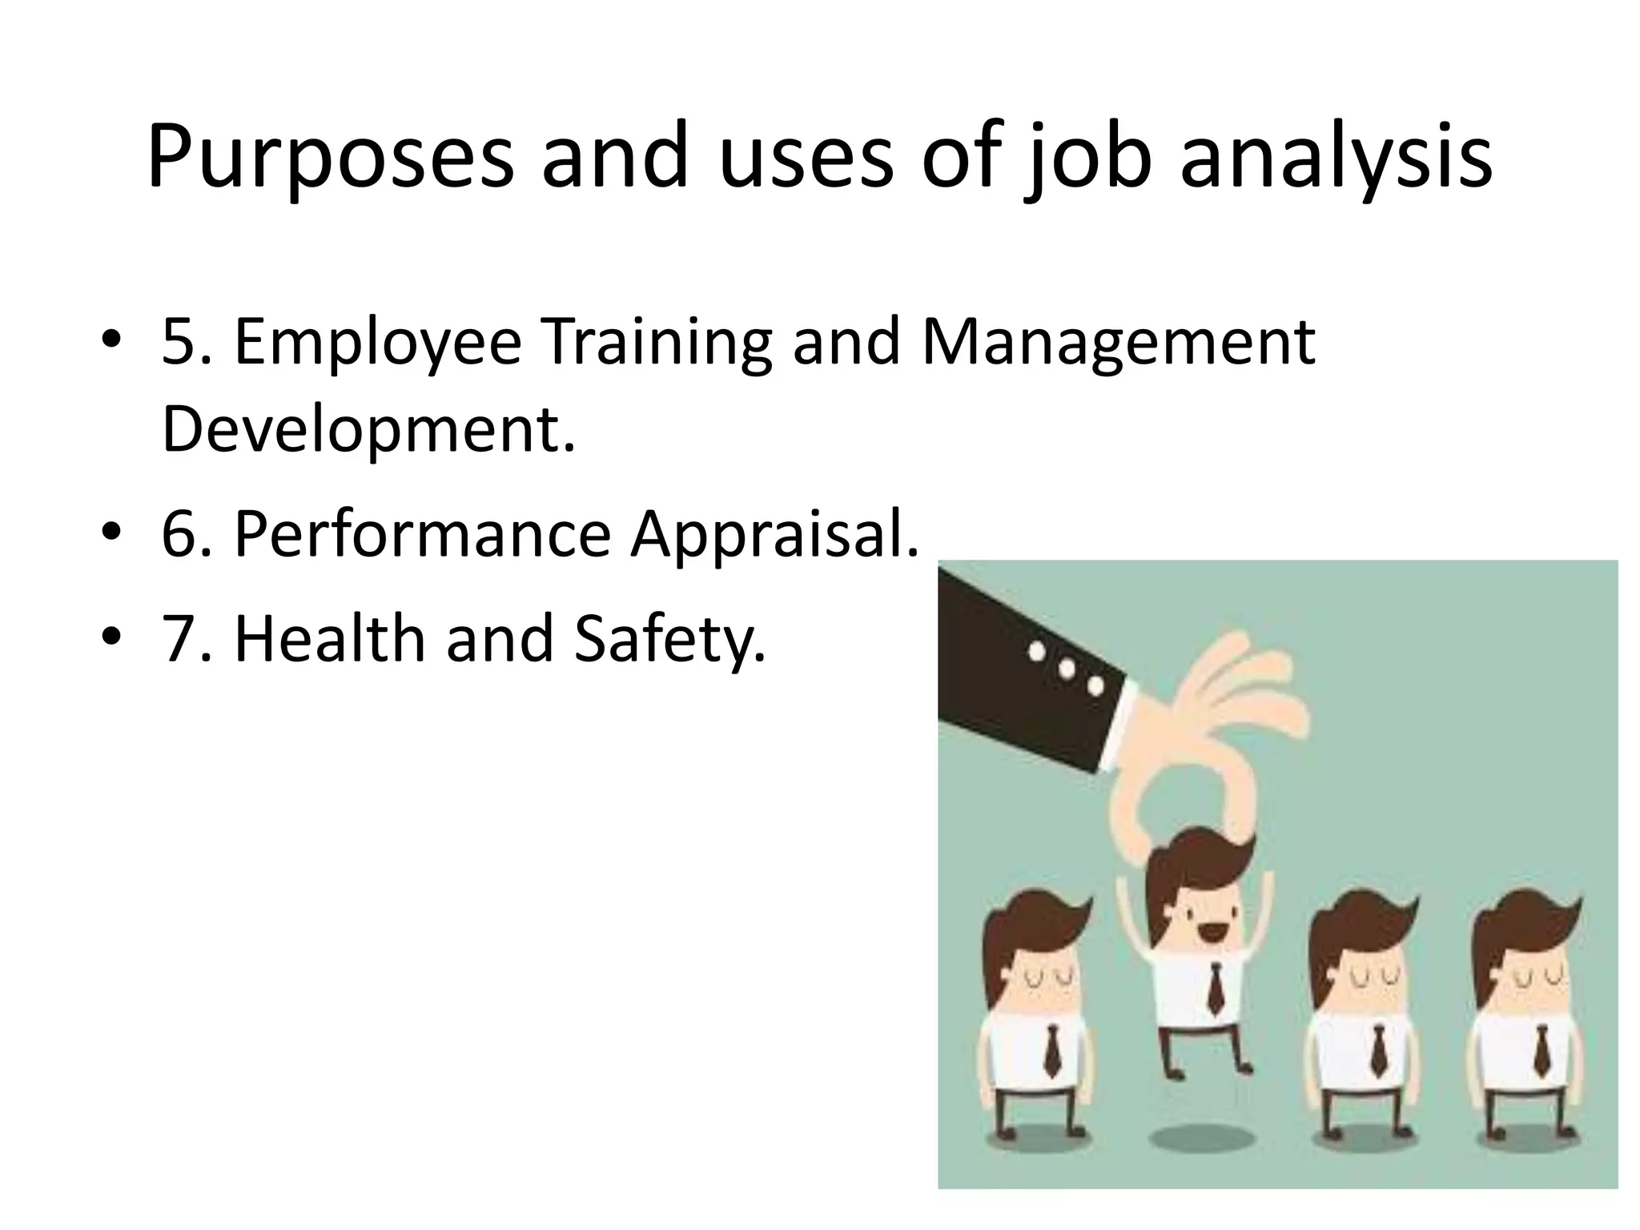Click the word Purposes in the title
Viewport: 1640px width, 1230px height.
(x=329, y=157)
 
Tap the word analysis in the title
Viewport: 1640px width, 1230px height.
(x=1337, y=157)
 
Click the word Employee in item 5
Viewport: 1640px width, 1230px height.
(x=377, y=343)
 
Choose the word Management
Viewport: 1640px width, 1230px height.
(x=1118, y=343)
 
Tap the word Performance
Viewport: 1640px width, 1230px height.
(x=422, y=534)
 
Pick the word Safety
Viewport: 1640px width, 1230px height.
(x=670, y=640)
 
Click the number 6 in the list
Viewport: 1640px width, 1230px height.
(x=181, y=534)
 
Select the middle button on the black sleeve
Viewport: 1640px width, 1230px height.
(x=1066, y=668)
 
